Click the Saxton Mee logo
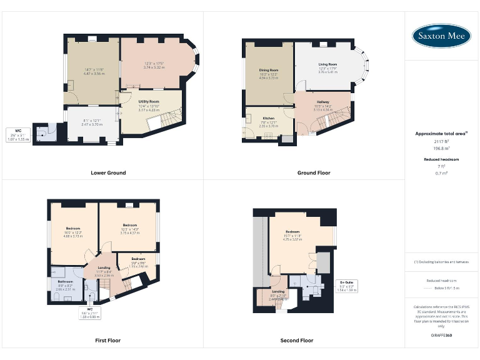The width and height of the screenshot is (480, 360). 441,36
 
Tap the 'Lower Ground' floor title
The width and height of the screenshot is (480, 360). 108,172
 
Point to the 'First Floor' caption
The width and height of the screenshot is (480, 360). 107,341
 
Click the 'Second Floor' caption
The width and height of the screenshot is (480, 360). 297,341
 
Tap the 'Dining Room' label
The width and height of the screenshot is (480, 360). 269,70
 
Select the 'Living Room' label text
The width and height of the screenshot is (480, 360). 327,64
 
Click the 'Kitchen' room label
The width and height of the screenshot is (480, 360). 268,118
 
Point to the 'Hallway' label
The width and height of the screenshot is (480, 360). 323,102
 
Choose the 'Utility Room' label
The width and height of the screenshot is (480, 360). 149,101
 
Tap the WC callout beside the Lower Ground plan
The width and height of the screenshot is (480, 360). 19,134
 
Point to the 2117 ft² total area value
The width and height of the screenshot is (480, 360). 441,142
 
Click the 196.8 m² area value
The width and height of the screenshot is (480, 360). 441,149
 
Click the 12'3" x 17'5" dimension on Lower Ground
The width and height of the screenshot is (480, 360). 154,63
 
